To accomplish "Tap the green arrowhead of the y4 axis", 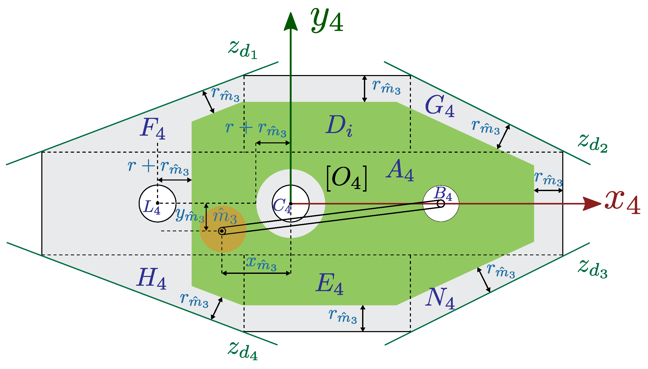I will tap(291, 22).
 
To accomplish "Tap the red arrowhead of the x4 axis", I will tap(591, 203).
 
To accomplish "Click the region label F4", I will tap(153, 128).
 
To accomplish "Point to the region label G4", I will tap(439, 106).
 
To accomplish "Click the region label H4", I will tap(151, 278).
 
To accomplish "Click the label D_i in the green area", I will tap(339, 126).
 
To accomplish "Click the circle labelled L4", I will tap(157, 203).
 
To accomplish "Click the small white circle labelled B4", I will tap(441, 203).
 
